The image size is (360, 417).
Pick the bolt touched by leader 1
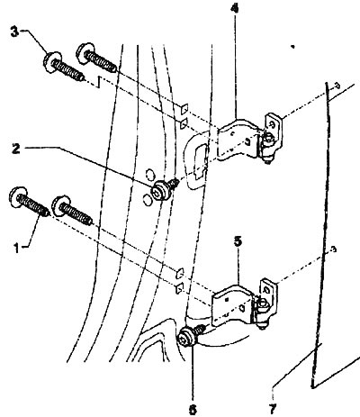pos(26,202)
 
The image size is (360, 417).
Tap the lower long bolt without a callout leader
pos(76,213)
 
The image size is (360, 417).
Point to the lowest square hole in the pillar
pos(180,287)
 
